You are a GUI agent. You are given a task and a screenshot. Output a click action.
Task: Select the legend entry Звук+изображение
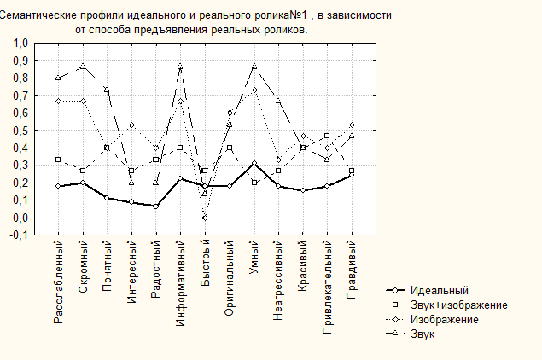[x=458, y=305]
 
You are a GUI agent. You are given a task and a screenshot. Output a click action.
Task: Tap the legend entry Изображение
[x=444, y=319]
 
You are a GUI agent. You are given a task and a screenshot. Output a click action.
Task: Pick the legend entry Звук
[x=423, y=333]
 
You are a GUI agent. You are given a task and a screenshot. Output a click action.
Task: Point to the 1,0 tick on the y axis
[x=20, y=43]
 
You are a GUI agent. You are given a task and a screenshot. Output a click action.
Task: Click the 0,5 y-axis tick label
[x=20, y=131]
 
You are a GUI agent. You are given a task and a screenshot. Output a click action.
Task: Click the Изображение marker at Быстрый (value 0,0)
[x=205, y=218]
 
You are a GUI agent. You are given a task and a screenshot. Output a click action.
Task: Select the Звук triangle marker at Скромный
[x=82, y=66]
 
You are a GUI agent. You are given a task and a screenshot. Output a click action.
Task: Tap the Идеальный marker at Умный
[x=254, y=163]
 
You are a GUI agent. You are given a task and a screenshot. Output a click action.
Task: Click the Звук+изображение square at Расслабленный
[x=57, y=160]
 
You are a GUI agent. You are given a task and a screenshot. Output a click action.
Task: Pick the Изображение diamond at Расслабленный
[x=57, y=101]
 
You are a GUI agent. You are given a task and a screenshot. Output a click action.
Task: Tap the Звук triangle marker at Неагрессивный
[x=279, y=101]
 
